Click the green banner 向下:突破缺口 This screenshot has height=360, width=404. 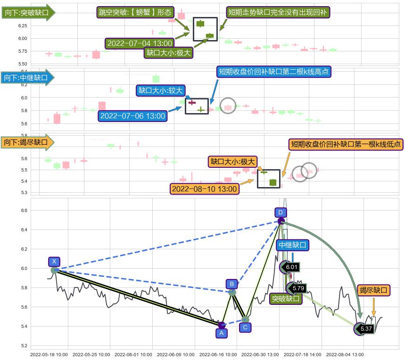[27, 13]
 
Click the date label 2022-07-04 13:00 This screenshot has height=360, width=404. [140, 44]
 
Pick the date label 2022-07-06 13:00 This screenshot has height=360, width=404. [133, 116]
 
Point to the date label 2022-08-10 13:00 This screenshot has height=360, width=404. [205, 189]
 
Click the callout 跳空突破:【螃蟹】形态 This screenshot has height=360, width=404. [135, 12]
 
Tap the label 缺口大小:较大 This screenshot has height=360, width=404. [161, 90]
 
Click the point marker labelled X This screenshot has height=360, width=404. [55, 262]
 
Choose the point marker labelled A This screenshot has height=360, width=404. [221, 333]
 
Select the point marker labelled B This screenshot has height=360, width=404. [232, 284]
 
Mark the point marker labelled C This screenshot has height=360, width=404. [245, 327]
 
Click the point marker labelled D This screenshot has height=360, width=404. [281, 212]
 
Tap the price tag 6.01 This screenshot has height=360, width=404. [292, 267]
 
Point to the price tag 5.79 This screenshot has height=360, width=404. [298, 288]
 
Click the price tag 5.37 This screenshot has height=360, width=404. [366, 329]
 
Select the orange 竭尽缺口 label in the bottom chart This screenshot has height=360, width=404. [374, 290]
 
